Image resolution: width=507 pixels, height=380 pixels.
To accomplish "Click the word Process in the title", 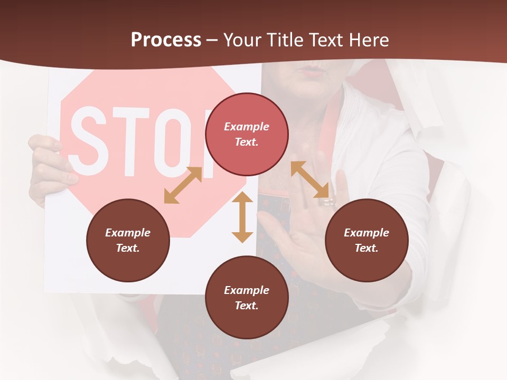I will click(x=166, y=40).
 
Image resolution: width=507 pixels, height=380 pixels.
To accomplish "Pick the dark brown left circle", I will click(x=128, y=240).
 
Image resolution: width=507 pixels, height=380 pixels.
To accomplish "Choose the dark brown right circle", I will click(x=367, y=240).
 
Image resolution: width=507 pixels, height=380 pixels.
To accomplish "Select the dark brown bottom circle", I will click(x=247, y=298).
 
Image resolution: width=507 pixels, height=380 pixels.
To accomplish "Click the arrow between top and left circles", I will click(x=183, y=185).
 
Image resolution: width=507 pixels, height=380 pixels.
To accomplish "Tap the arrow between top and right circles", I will click(x=310, y=179).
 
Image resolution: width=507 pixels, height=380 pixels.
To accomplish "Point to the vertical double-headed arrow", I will click(x=242, y=217).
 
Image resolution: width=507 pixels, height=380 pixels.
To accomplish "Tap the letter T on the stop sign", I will click(x=130, y=141).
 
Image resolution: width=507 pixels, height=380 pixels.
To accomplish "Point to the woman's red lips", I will click(x=312, y=69).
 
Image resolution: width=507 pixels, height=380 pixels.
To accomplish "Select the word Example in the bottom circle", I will click(x=247, y=290).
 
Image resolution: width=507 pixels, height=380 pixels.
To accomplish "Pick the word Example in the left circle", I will click(x=128, y=232).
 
